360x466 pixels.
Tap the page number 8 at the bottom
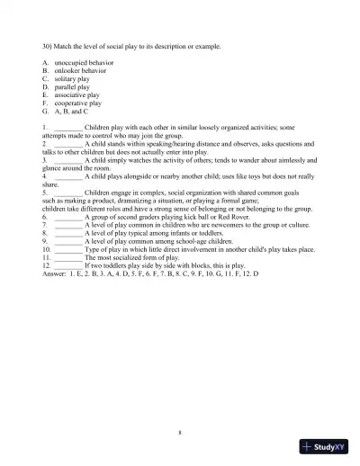point(180,433)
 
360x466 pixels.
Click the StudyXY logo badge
point(324,446)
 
